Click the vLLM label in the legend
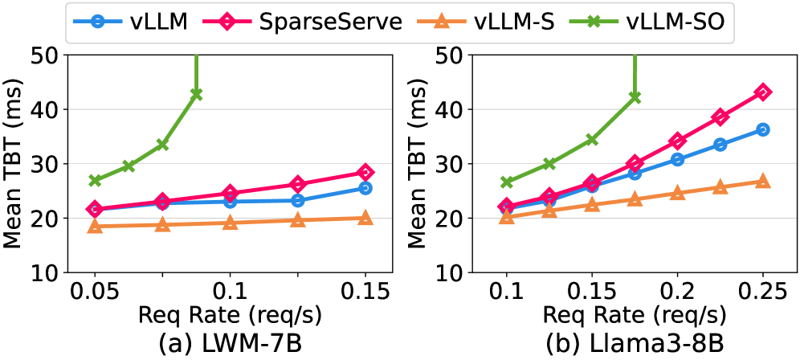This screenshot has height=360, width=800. pyautogui.click(x=159, y=22)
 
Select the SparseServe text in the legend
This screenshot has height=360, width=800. pyautogui.click(x=331, y=22)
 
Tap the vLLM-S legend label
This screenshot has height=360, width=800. pyautogui.click(x=514, y=22)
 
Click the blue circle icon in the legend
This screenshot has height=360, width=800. pyautogui.click(x=96, y=22)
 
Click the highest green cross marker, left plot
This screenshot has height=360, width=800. pyautogui.click(x=196, y=94)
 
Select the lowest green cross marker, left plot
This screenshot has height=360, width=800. pyautogui.click(x=95, y=180)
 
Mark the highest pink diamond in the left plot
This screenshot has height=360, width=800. pyautogui.click(x=365, y=172)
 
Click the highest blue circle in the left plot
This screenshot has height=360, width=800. pyautogui.click(x=365, y=188)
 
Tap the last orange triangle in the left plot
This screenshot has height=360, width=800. pyautogui.click(x=365, y=218)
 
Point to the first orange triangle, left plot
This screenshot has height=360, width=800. pyautogui.click(x=95, y=226)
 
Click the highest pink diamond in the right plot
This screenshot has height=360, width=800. pyautogui.click(x=763, y=92)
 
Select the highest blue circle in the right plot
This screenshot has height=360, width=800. pyautogui.click(x=763, y=129)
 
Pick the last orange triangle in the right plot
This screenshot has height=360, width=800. pyautogui.click(x=763, y=181)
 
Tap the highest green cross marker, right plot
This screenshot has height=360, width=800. pyautogui.click(x=635, y=96)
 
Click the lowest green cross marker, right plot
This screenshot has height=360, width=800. pyautogui.click(x=507, y=182)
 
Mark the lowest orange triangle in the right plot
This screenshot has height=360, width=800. pyautogui.click(x=507, y=216)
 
